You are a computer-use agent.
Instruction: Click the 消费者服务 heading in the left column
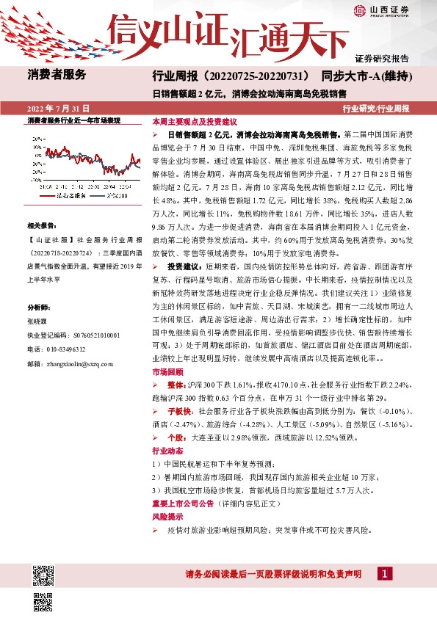coord(57,74)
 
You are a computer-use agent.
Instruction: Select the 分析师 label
coord(38,287)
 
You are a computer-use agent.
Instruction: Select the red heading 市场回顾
coord(166,373)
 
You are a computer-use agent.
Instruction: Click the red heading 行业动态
coord(166,451)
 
